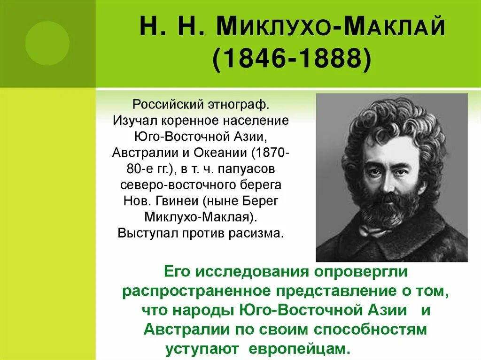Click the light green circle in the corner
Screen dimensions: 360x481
[x=47, y=43]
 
